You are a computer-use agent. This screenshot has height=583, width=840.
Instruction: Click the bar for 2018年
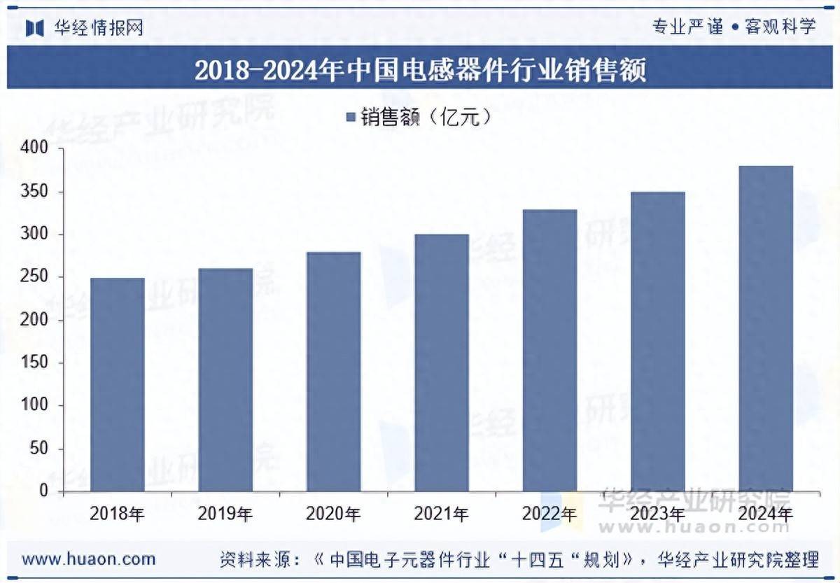pos(118,384)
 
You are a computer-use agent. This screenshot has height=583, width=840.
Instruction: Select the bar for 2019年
pos(225,379)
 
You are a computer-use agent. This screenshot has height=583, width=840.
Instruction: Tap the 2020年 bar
pos(333,372)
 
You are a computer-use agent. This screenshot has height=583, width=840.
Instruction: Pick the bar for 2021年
pos(441,363)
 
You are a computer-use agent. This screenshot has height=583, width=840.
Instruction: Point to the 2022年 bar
pos(549,350)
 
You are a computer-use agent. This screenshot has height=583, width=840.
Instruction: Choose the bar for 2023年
pos(657,342)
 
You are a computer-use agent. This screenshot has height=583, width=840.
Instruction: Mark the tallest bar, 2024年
pos(766,328)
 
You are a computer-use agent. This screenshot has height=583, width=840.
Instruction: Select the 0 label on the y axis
pos(43,491)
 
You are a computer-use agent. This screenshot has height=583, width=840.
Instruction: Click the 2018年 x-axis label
pos(118,514)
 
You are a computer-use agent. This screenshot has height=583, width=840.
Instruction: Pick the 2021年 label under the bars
pos(441,514)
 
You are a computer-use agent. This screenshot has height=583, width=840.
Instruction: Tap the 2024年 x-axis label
pos(766,514)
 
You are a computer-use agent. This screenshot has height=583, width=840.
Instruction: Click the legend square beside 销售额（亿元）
pos(351,117)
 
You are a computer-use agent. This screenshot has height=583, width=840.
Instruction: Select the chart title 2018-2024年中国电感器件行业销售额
pos(420,71)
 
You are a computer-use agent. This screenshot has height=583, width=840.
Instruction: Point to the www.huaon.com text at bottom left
pos(89,559)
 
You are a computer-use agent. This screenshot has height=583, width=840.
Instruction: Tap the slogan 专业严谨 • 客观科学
pos(734,27)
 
